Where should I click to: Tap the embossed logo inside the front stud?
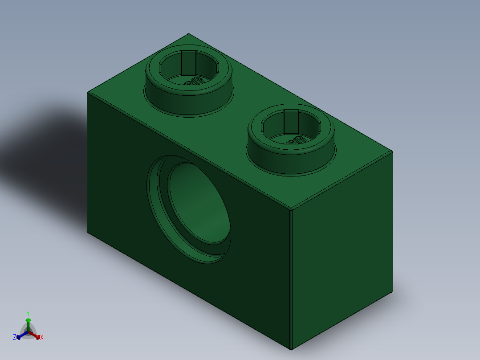click(295, 141)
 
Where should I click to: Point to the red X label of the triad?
click(42, 337)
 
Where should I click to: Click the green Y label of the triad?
click(28, 313)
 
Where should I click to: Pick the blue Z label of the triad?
click(15, 337)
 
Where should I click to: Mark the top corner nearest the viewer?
click(290, 209)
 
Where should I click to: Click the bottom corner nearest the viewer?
click(291, 349)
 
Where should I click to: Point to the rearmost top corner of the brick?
click(189, 34)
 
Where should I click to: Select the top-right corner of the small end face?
click(392, 151)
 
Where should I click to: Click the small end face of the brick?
click(342, 250)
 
